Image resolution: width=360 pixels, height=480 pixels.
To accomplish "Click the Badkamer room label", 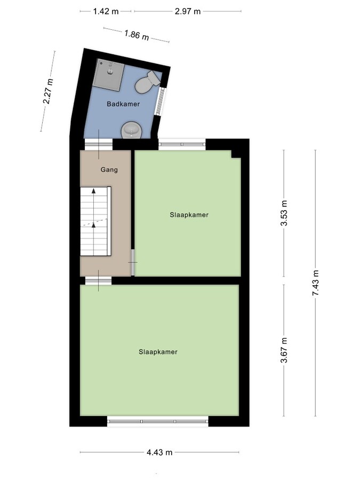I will (123, 104).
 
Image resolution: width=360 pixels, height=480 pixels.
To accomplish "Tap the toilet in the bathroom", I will (147, 82).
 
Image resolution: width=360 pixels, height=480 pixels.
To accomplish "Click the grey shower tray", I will (109, 74).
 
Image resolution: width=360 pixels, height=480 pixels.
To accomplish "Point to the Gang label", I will (109, 170).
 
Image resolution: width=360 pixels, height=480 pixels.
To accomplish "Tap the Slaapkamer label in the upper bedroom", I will (188, 215).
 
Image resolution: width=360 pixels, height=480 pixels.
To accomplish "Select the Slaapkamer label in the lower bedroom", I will (158, 352).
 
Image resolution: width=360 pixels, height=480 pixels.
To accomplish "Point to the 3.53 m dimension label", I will (284, 213).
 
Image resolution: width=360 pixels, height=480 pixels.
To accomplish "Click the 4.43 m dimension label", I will (159, 452).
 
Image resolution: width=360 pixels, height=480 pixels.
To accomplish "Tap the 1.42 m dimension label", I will (106, 11).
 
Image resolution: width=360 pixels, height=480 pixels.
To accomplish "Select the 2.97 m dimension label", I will (187, 11).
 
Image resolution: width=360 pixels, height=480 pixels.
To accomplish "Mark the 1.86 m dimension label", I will (137, 36).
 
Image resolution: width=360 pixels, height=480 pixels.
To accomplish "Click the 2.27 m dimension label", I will (49, 92).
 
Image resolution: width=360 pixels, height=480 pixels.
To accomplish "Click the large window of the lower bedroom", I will (158, 421).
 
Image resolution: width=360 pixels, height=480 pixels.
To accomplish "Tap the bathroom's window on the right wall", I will (158, 101).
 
